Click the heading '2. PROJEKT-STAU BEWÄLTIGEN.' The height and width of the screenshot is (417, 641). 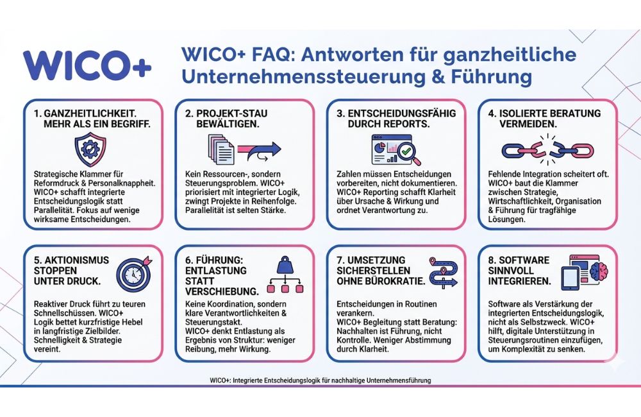tap(225, 119)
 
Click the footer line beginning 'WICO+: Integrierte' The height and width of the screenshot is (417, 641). tap(320, 380)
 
